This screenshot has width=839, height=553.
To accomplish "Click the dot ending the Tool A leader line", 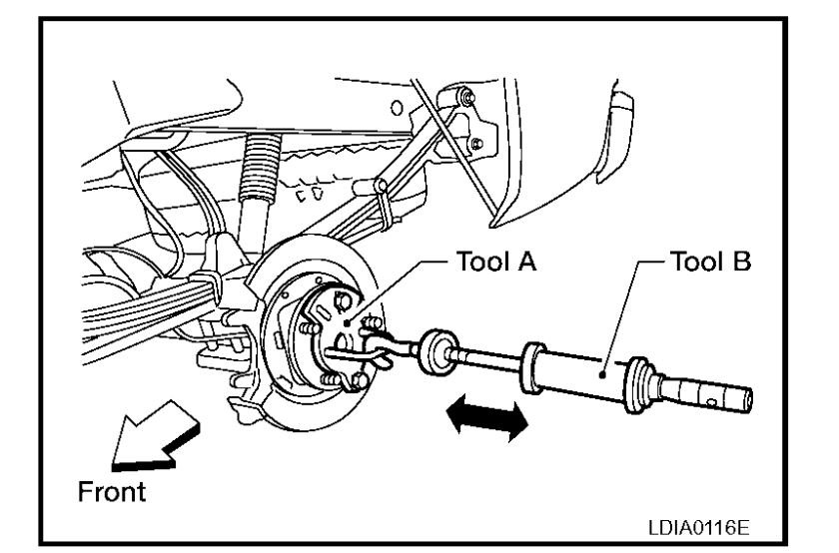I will click(347, 323).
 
